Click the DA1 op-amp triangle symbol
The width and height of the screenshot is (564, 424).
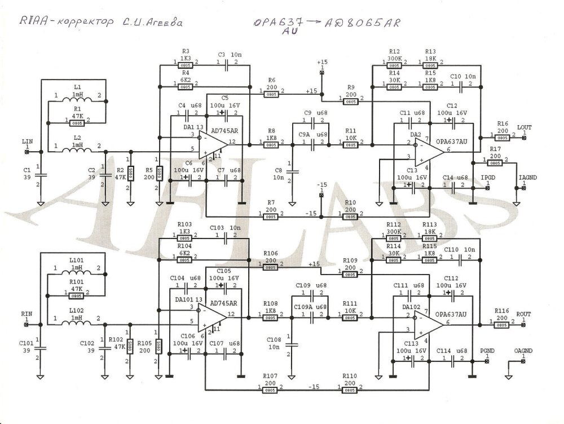213,144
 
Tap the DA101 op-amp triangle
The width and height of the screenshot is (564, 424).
213,316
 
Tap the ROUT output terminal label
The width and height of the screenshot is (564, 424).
523,313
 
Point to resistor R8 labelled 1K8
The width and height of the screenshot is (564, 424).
271,144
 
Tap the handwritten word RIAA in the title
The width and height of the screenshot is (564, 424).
33,23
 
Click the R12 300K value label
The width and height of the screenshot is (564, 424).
395,58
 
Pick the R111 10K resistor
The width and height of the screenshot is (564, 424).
350,318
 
